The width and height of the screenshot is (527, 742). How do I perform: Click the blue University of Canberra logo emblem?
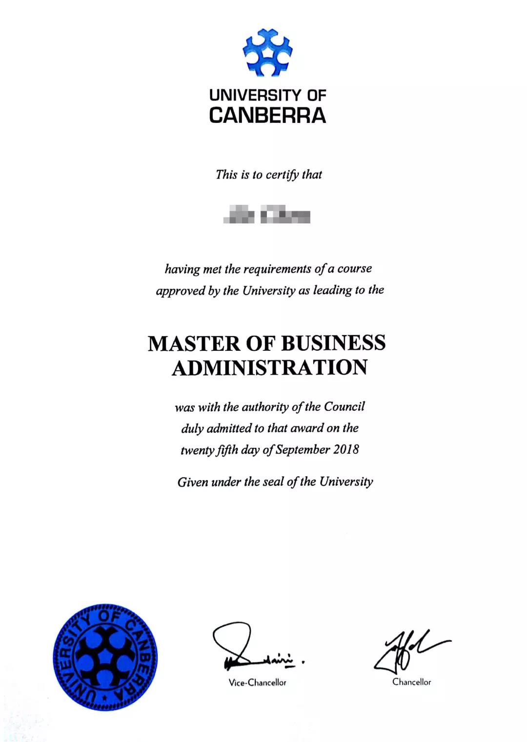[x=267, y=53]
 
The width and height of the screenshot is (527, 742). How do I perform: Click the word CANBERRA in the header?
[x=267, y=116]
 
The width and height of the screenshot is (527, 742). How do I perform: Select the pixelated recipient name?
[x=267, y=215]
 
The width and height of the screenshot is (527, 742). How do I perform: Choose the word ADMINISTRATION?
[x=269, y=367]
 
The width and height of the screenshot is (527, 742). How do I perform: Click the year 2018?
[x=346, y=449]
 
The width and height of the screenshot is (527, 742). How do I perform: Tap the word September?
[x=303, y=449]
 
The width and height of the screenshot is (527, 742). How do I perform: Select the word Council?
[x=345, y=406]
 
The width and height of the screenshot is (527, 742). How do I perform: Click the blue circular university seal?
[x=105, y=657]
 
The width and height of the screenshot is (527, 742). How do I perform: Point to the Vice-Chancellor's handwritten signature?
[x=254, y=646]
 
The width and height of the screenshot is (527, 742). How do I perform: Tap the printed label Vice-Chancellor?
[x=257, y=682]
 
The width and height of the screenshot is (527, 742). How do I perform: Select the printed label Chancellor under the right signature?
[x=412, y=682]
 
